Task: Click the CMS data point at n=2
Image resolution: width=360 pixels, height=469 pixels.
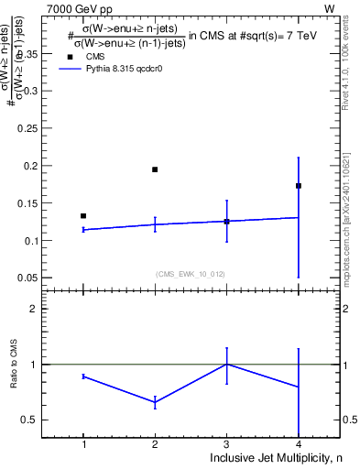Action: tap(155, 169)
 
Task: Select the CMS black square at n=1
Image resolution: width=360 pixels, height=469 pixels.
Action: tap(83, 216)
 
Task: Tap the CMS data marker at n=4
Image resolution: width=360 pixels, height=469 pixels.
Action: tap(299, 186)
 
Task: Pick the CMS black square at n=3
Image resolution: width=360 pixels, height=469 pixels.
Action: tap(226, 222)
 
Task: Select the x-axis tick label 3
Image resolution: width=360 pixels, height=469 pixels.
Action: tap(226, 444)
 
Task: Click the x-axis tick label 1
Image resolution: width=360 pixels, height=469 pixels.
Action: tap(83, 444)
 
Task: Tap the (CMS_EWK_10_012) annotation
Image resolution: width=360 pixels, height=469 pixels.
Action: tap(191, 273)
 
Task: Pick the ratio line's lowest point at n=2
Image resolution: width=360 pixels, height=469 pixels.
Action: tap(155, 402)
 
